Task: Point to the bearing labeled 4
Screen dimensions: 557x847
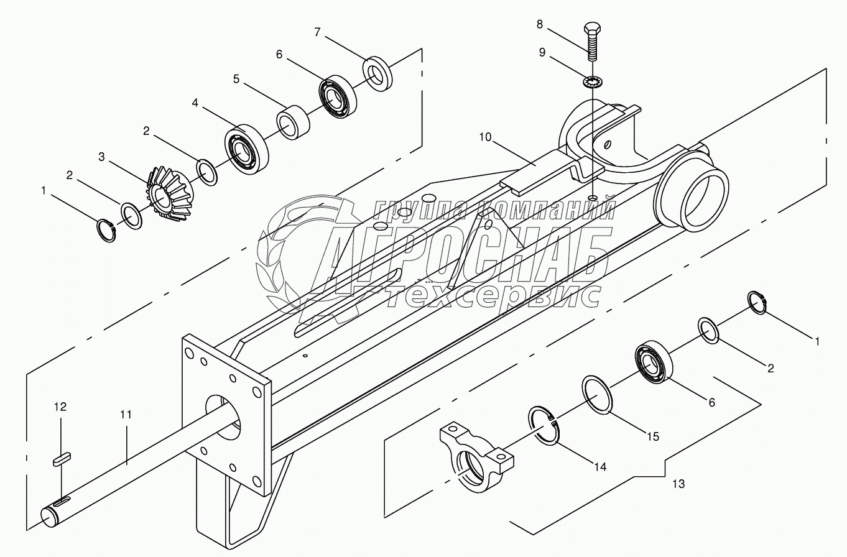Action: tap(247, 147)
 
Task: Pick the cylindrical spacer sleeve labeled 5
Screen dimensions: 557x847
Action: tap(293, 122)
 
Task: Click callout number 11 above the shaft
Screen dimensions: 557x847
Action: tap(126, 415)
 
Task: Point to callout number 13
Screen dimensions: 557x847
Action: tap(678, 483)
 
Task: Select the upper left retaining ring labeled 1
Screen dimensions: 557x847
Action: tap(107, 230)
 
